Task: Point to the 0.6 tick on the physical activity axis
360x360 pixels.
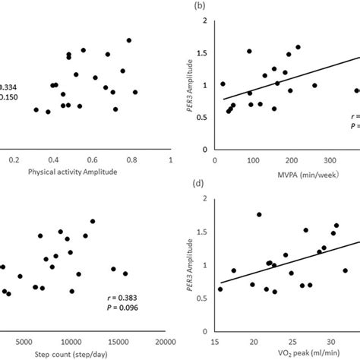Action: pyautogui.click(x=92, y=161)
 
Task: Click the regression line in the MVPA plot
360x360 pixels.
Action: pyautogui.click(x=289, y=75)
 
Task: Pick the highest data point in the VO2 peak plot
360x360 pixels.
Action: pyautogui.click(x=259, y=215)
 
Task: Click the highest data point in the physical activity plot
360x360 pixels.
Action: pyautogui.click(x=129, y=40)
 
